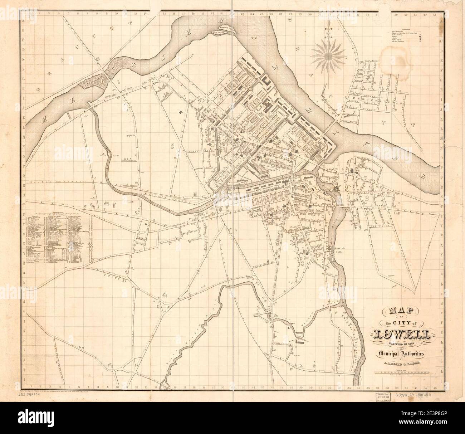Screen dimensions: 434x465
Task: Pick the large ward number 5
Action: pyautogui.click(x=173, y=146)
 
